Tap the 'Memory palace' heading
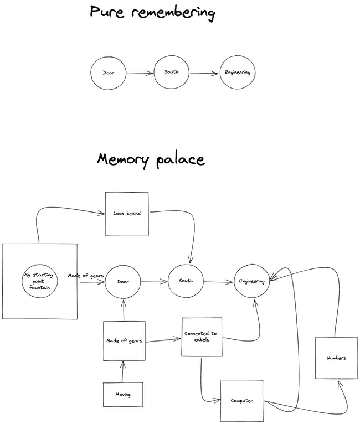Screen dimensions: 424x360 [x=151, y=159]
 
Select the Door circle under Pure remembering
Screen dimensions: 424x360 [x=109, y=73]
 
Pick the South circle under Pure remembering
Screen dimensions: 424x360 [x=171, y=72]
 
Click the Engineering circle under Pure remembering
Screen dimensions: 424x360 [x=238, y=73]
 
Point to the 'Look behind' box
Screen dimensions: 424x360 [x=127, y=213]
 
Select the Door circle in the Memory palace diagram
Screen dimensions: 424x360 [x=122, y=282]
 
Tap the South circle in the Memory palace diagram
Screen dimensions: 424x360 [x=186, y=281]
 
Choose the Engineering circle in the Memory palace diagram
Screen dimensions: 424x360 [x=251, y=281]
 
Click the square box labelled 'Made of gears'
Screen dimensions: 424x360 [x=124, y=341]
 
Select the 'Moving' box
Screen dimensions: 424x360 [x=123, y=395]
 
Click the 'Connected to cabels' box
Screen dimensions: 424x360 [x=202, y=337]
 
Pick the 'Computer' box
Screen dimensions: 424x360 [x=241, y=400]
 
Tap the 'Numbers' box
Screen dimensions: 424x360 [x=335, y=358]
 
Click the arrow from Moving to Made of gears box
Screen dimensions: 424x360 [x=123, y=371]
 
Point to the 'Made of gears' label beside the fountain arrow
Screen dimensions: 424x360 [x=86, y=275]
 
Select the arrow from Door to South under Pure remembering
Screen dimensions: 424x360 [x=140, y=73]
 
